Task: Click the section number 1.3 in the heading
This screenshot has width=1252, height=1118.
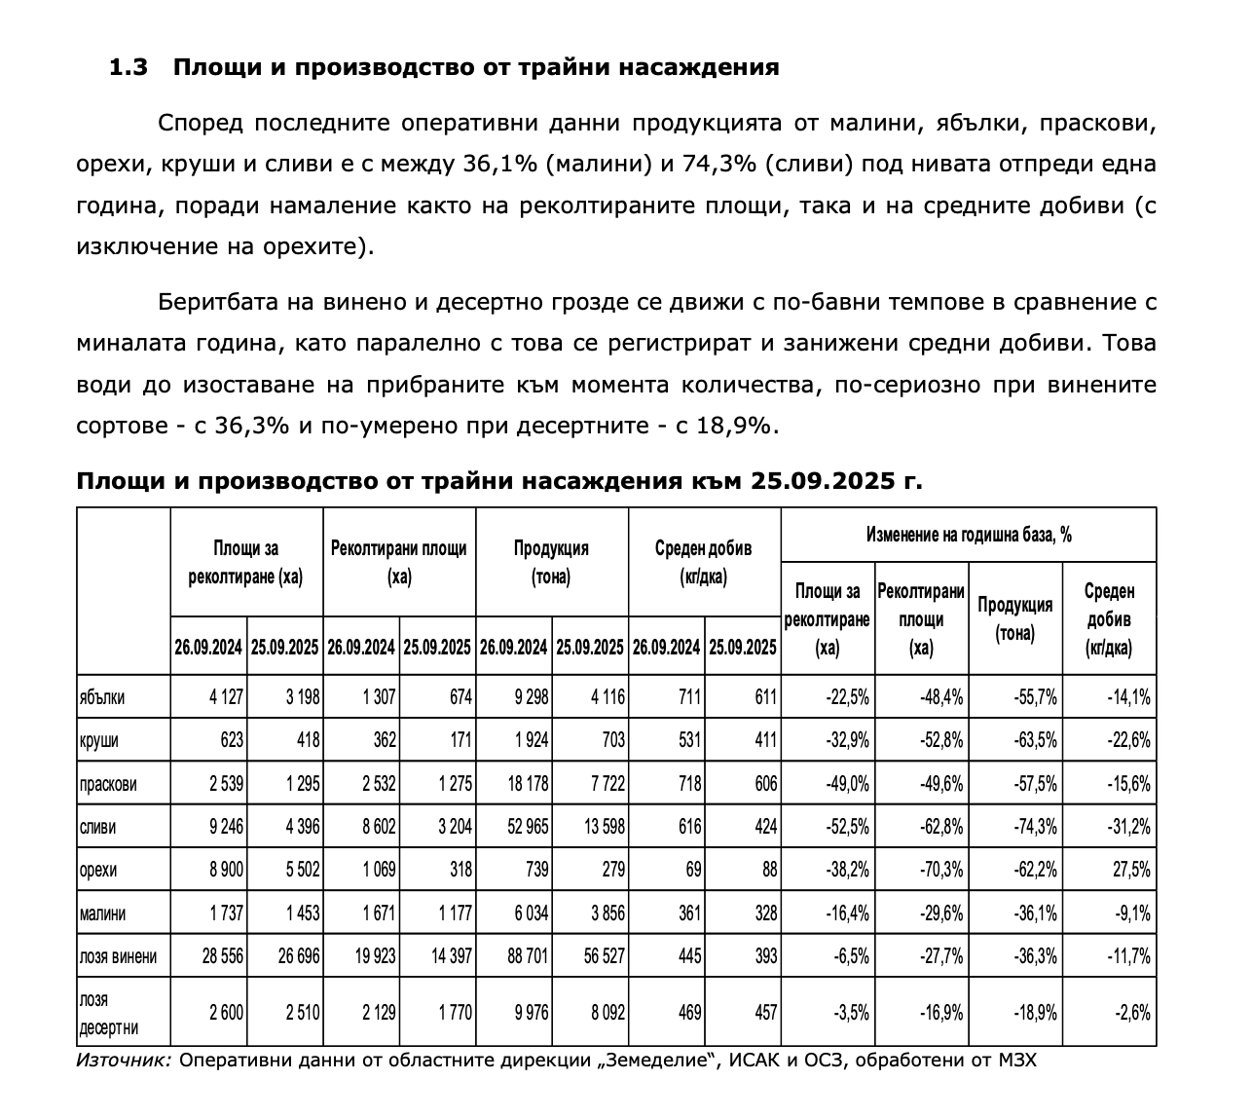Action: [128, 67]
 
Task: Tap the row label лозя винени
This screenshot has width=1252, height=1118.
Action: [117, 956]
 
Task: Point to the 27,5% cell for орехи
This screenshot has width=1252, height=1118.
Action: [1130, 870]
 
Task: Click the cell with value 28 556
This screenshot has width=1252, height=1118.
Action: [223, 956]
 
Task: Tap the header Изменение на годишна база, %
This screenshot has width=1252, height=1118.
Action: [969, 535]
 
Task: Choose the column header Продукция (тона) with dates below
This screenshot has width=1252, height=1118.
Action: [551, 562]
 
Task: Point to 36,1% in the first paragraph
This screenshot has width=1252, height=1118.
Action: [497, 164]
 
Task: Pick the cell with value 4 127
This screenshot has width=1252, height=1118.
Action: [223, 697]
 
